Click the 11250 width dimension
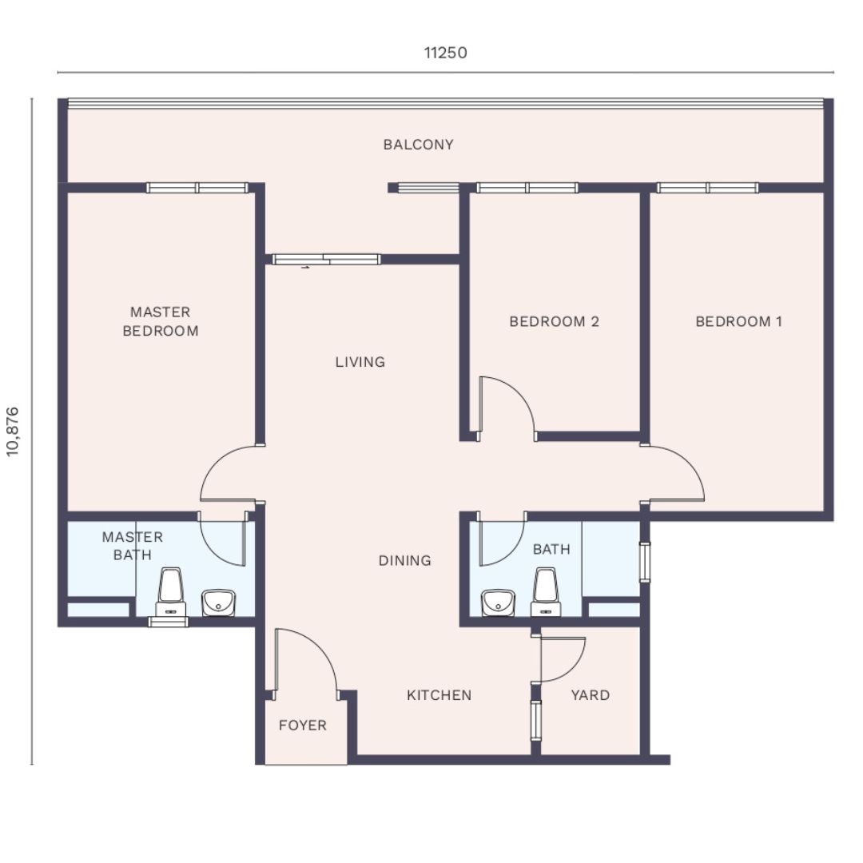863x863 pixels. (x=445, y=53)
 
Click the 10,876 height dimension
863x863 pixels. (x=12, y=431)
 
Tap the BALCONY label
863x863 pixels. (x=418, y=145)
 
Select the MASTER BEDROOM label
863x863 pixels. (x=160, y=321)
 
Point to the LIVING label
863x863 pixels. (x=360, y=362)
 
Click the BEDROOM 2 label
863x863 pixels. (x=554, y=321)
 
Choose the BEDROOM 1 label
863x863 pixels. (x=738, y=321)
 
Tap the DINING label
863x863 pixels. (x=404, y=561)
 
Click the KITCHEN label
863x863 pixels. (x=439, y=695)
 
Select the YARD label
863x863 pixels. (x=590, y=695)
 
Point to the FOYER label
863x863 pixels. (x=303, y=726)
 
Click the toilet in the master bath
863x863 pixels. (x=171, y=591)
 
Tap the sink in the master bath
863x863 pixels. (x=218, y=603)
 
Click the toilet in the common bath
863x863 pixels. (x=546, y=592)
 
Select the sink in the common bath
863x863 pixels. (x=498, y=603)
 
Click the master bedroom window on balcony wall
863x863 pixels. (x=197, y=189)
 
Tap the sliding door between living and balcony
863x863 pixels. (x=326, y=259)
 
